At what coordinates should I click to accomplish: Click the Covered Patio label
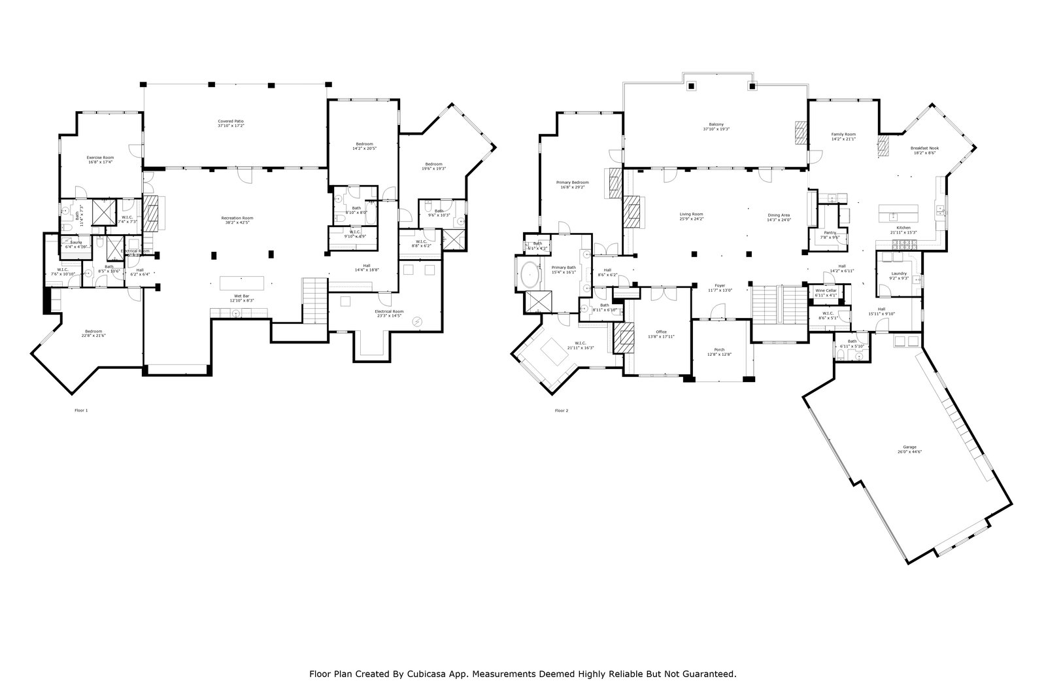235,123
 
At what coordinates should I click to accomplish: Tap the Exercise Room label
101,160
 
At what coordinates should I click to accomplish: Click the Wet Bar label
241,298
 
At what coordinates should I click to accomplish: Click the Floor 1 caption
81,411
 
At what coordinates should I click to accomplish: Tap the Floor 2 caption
562,411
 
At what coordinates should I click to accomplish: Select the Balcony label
717,126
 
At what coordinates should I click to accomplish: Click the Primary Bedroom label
573,184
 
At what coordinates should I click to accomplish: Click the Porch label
719,351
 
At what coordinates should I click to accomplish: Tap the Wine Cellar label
826,292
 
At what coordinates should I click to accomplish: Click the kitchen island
898,213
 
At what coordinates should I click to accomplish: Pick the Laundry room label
899,275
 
